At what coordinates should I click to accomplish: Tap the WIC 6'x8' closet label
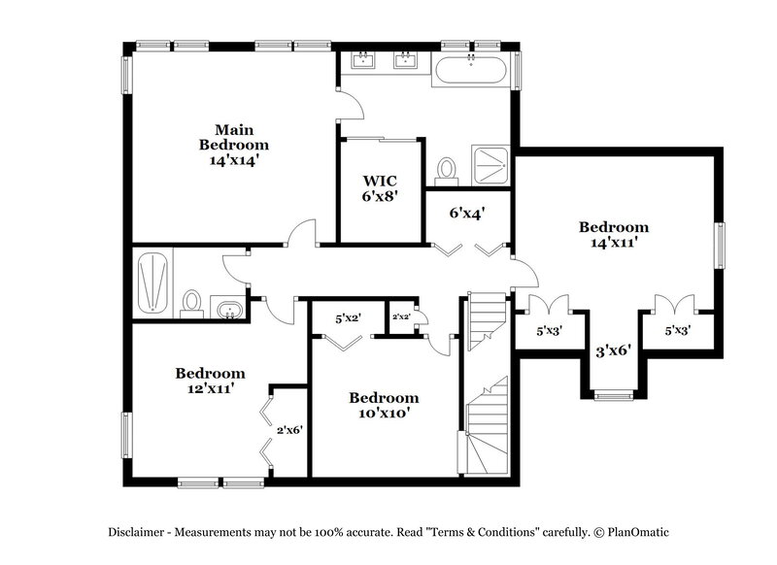[x=380, y=187]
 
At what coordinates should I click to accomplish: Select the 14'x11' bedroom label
[x=614, y=235]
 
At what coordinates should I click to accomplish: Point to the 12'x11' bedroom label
[x=210, y=381]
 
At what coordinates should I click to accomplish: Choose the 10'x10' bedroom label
[x=384, y=405]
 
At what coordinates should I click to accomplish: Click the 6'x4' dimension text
[x=466, y=213]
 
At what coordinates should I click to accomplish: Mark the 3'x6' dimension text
[x=614, y=350]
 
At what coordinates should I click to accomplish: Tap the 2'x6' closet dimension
[x=290, y=430]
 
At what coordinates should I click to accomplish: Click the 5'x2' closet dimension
[x=348, y=317]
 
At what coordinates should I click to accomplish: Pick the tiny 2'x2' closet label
[x=401, y=317]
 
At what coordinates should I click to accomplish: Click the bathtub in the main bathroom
[x=470, y=70]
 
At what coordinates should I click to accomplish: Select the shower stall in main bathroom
[x=491, y=164]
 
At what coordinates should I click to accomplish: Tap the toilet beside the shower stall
[x=447, y=171]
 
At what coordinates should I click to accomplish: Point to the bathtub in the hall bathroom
[x=153, y=282]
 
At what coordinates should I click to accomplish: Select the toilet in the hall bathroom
[x=192, y=303]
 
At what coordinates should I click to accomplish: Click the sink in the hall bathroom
[x=229, y=310]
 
